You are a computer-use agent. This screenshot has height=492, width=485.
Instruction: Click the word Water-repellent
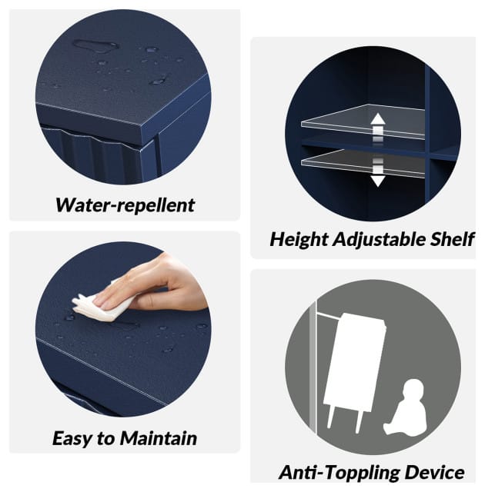click(125, 206)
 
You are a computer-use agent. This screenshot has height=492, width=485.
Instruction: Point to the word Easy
click(73, 439)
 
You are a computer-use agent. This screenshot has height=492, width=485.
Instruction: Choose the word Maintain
click(159, 438)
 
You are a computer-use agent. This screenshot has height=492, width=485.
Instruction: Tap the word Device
click(432, 472)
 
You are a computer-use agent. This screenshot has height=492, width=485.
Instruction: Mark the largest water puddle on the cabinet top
click(95, 46)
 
